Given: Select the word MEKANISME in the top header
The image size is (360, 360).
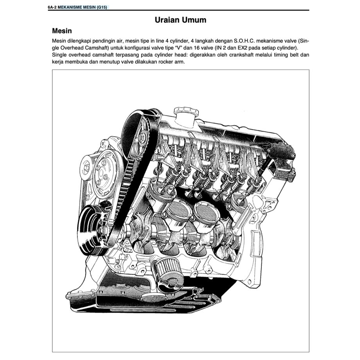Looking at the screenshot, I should point(72,7).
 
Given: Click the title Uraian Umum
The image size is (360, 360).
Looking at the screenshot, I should point(180,20).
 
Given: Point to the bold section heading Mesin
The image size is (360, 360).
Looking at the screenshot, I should point(62,31).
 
